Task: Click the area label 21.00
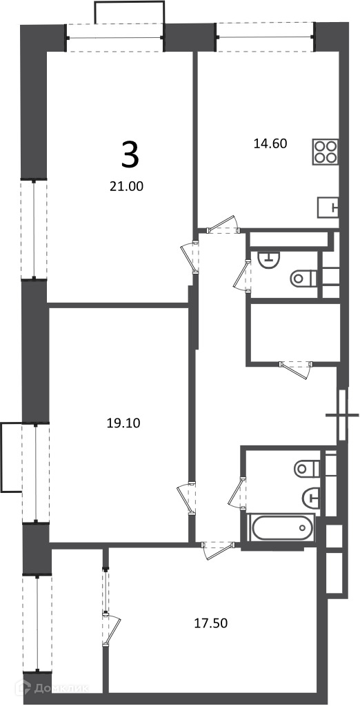[x=126, y=186]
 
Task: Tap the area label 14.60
[x=270, y=143]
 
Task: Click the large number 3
[x=130, y=154]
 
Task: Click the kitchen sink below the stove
[x=328, y=208]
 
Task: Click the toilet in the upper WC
[x=304, y=278]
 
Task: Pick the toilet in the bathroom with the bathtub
[x=307, y=469]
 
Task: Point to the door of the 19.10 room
[x=187, y=498]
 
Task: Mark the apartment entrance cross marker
[x=342, y=414]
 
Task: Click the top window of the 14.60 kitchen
[x=266, y=37]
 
